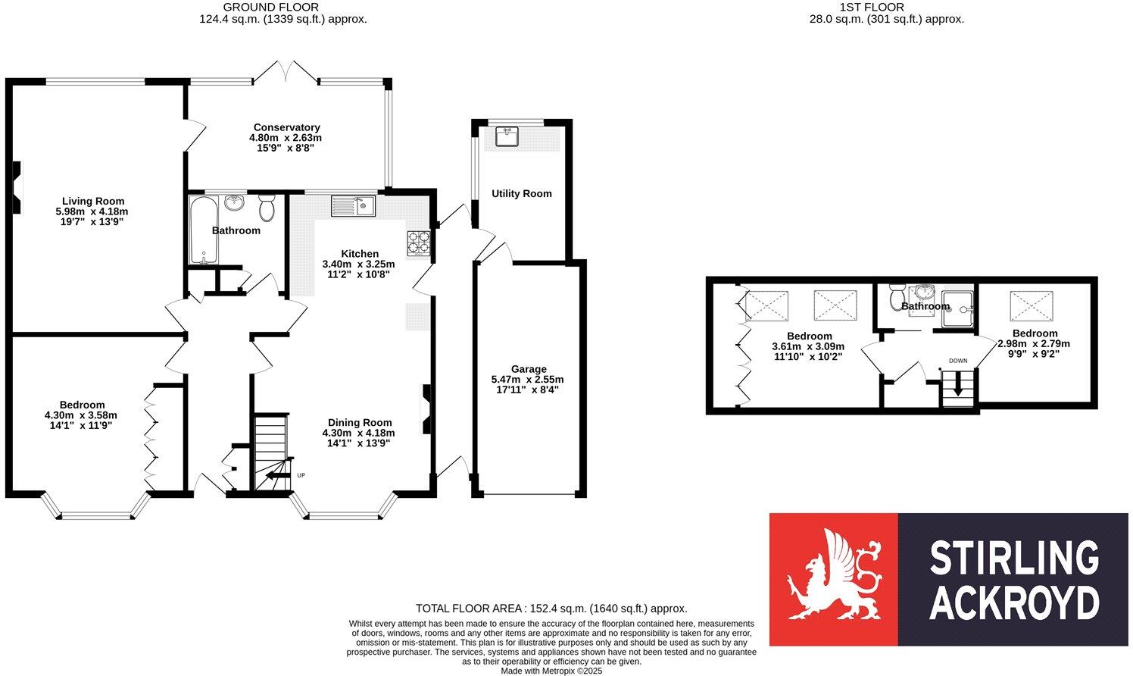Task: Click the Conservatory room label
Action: pyautogui.click(x=286, y=127)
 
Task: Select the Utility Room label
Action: pyautogui.click(x=521, y=193)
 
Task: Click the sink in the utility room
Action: pyautogui.click(x=507, y=136)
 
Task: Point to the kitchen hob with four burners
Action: pyautogui.click(x=418, y=242)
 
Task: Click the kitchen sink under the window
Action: pyautogui.click(x=353, y=205)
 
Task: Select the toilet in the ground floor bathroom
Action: pyautogui.click(x=267, y=207)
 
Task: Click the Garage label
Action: pyautogui.click(x=528, y=369)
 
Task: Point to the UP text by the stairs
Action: pyautogui.click(x=301, y=475)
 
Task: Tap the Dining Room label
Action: pyautogui.click(x=360, y=422)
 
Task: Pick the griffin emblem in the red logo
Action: pyautogui.click(x=833, y=579)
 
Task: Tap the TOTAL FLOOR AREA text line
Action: pyautogui.click(x=551, y=609)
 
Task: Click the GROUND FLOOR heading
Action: pyautogui.click(x=260, y=7)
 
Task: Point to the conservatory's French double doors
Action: pyautogui.click(x=286, y=71)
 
